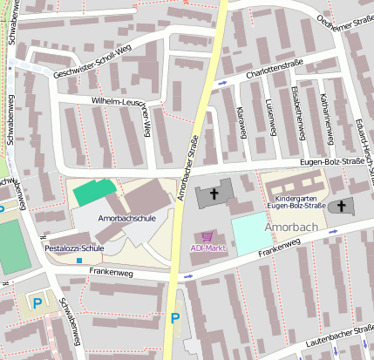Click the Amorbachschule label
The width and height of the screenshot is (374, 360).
(127, 218)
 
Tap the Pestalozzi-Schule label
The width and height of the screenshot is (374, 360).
(74, 248)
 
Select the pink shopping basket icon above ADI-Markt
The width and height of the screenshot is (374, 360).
(207, 235)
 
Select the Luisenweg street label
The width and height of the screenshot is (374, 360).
(269, 119)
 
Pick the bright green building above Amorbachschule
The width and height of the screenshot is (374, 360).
(92, 191)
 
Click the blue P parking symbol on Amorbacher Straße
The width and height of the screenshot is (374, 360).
(175, 319)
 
